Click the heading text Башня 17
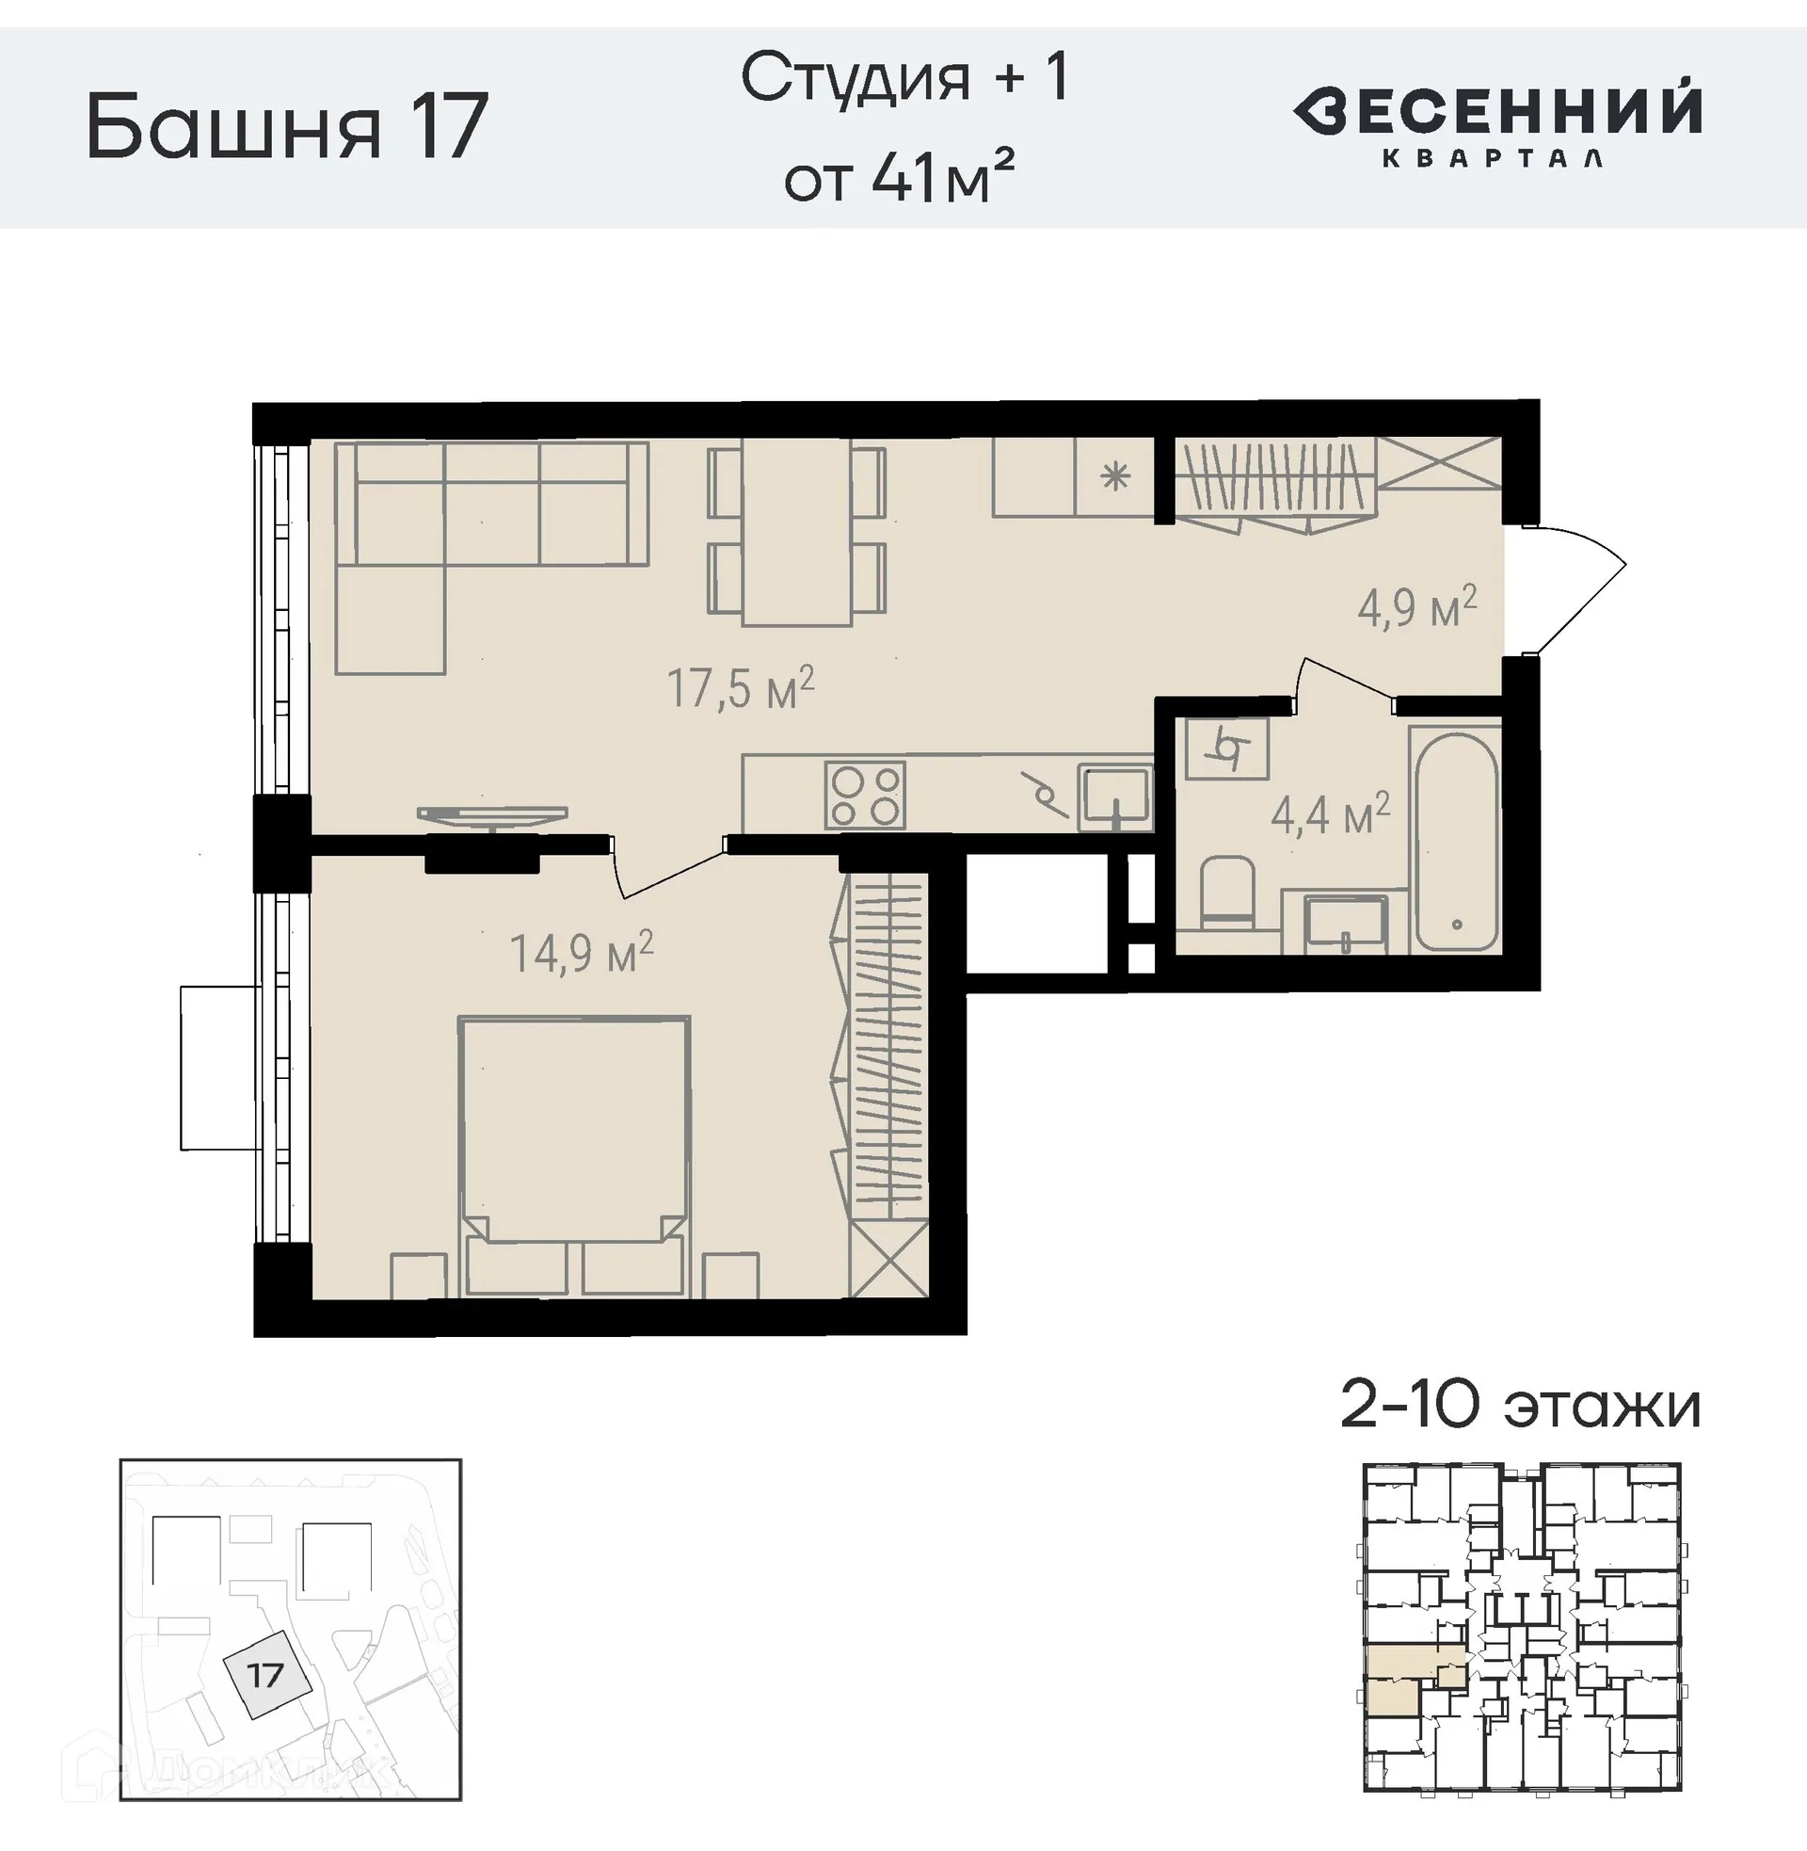coord(287,127)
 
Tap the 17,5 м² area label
coord(741,688)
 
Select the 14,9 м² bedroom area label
coord(581,953)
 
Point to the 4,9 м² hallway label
coord(1416,606)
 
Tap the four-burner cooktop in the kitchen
coord(864,796)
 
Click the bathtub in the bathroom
coord(1455,841)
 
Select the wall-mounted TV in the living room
coord(491,815)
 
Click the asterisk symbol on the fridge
coord(1115,477)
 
